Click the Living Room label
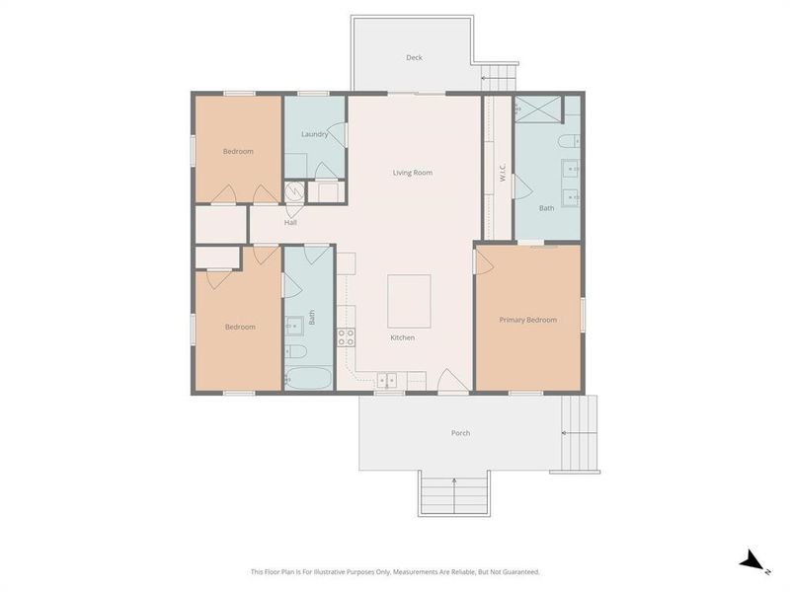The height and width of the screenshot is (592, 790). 413,173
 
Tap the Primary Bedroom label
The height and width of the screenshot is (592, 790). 527,320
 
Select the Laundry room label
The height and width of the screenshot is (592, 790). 314,134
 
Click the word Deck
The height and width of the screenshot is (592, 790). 414,57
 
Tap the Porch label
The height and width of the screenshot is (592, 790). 460,433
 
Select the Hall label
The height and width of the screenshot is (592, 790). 290,222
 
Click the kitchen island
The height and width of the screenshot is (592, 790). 408,301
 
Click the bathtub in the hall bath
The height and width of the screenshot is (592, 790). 308,378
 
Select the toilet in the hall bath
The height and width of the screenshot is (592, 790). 294,351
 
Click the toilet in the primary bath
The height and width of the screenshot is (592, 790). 571,142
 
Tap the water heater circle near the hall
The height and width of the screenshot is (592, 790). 293,192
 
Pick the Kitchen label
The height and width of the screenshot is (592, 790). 402,337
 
